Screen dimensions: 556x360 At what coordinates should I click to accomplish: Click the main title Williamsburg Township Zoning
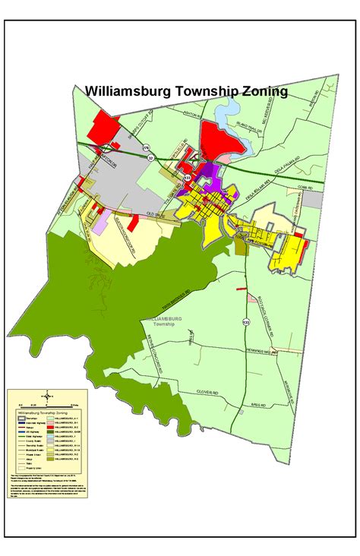tap(186, 91)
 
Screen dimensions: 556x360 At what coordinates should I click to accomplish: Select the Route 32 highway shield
tap(151, 158)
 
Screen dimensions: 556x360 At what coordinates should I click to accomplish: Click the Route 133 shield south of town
tap(245, 323)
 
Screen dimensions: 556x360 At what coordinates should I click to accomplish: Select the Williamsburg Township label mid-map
tap(161, 321)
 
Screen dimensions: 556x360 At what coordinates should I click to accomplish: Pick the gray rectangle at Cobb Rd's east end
tap(318, 199)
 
